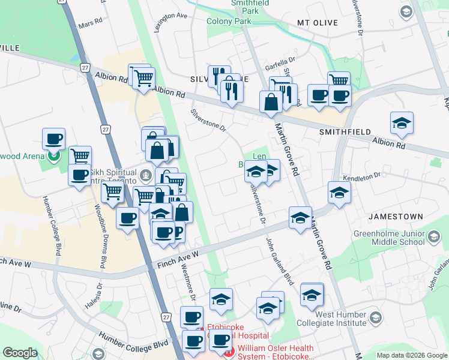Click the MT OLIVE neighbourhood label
(317, 23)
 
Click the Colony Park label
(229, 21)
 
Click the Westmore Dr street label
(188, 280)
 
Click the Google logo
(20, 352)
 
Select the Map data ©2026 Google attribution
(412, 355)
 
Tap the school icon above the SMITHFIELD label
(402, 123)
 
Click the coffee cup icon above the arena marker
(53, 139)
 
